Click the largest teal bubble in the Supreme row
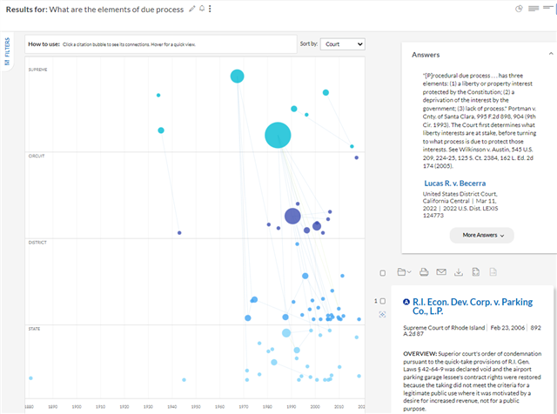click(x=278, y=135)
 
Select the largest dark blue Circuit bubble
click(x=292, y=217)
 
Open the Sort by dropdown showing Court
click(x=342, y=43)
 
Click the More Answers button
click(x=481, y=235)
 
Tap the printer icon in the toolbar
click(x=423, y=272)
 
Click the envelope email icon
click(x=440, y=272)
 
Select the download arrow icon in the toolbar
click(x=459, y=272)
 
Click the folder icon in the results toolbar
click(x=403, y=272)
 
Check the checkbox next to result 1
click(x=382, y=300)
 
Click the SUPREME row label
click(x=38, y=70)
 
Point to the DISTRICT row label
click(x=37, y=242)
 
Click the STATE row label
click(x=35, y=329)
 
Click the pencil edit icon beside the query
click(x=191, y=9)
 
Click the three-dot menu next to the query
click(x=210, y=9)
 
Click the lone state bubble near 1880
click(x=30, y=378)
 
